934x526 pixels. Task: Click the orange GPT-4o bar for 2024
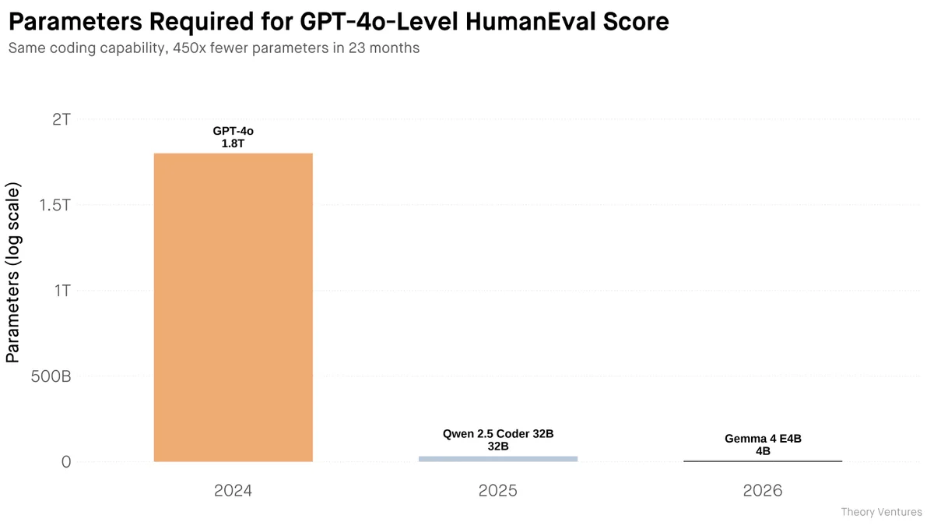click(x=233, y=307)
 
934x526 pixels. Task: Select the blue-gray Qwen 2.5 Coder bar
click(x=498, y=458)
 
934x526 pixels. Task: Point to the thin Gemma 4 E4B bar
click(x=763, y=461)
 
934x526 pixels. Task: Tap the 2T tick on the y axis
click(x=61, y=119)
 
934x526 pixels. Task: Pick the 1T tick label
click(x=61, y=291)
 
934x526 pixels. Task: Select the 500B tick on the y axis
click(x=52, y=376)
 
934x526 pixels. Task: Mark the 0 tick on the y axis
click(x=66, y=462)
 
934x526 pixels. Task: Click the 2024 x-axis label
click(x=233, y=491)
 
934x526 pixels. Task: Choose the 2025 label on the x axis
click(x=498, y=491)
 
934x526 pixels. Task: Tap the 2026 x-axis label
click(x=763, y=491)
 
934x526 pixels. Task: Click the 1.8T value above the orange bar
click(x=233, y=143)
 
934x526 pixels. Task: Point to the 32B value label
click(x=498, y=447)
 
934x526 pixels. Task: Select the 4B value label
click(x=763, y=451)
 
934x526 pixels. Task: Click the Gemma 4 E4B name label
click(x=763, y=439)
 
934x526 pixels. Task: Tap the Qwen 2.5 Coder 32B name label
click(x=498, y=434)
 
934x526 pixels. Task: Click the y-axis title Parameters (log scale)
click(x=13, y=274)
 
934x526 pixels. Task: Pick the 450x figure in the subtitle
click(x=181, y=48)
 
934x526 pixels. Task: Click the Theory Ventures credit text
click(x=881, y=512)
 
